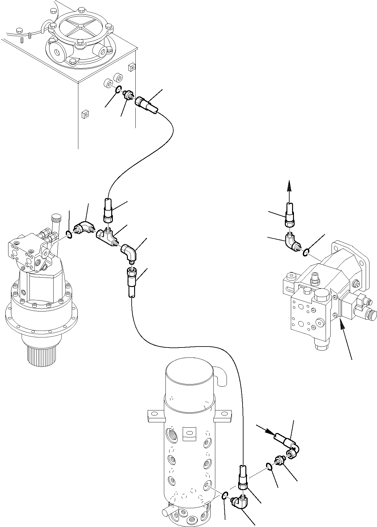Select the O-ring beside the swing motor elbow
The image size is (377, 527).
(70, 234)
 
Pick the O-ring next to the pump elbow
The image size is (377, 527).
(306, 251)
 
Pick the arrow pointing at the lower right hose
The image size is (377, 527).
(265, 430)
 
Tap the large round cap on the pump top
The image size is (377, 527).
(322, 296)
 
